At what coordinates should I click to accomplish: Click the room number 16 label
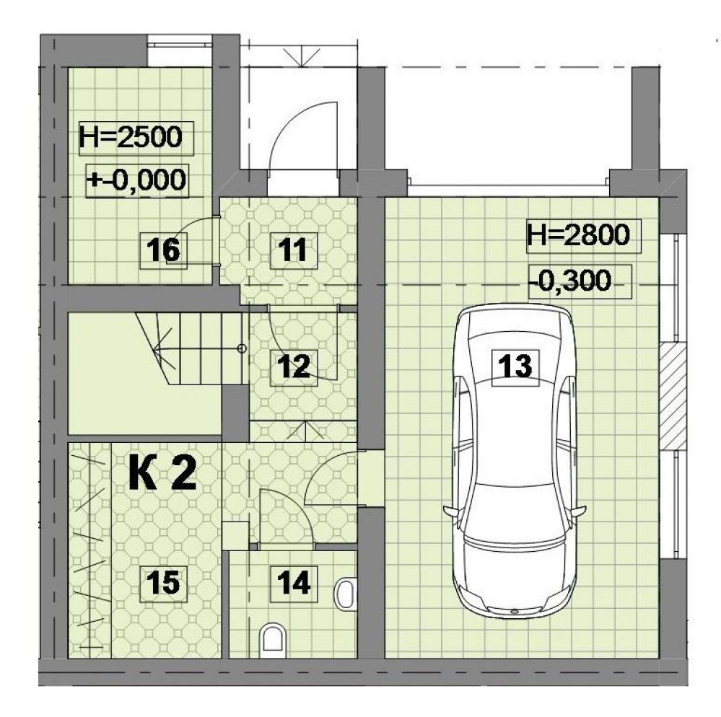pyautogui.click(x=164, y=250)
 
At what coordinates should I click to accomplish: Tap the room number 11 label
pyautogui.click(x=293, y=250)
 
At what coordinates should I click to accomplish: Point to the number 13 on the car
pyautogui.click(x=515, y=367)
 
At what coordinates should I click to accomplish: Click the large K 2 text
pyautogui.click(x=163, y=474)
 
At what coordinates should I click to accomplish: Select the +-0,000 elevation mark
pyautogui.click(x=137, y=180)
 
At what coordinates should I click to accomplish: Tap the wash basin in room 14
pyautogui.click(x=346, y=595)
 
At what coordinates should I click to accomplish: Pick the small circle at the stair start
pyautogui.click(x=241, y=349)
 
